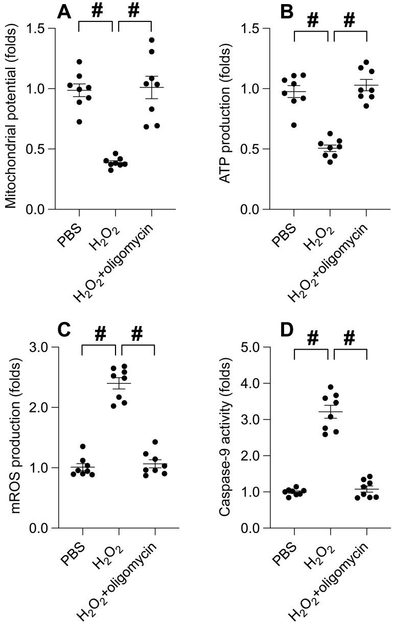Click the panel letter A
64,11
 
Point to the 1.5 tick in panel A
38,29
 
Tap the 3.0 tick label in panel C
38,348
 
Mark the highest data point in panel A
151,40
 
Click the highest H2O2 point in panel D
331,387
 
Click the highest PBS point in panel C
83,447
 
